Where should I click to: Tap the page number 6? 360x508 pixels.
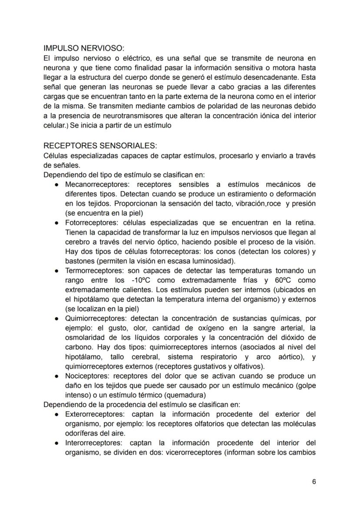coord(314,481)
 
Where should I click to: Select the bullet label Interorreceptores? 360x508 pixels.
coord(91,443)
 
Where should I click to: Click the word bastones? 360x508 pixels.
coord(80,261)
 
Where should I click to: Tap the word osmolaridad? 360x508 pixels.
coord(85,338)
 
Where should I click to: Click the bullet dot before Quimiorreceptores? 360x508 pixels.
coord(58,319)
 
